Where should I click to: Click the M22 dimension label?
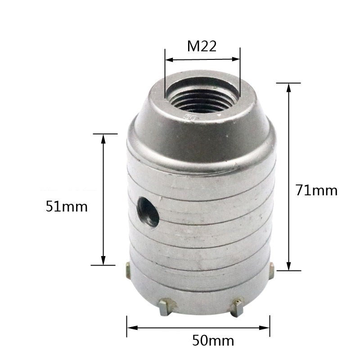[202, 46]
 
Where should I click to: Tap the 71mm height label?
[316, 190]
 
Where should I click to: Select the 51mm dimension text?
[67, 207]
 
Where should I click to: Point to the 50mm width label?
[213, 341]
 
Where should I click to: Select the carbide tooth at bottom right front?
[238, 307]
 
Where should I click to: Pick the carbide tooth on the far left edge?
[128, 271]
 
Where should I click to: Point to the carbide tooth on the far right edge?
[271, 271]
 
